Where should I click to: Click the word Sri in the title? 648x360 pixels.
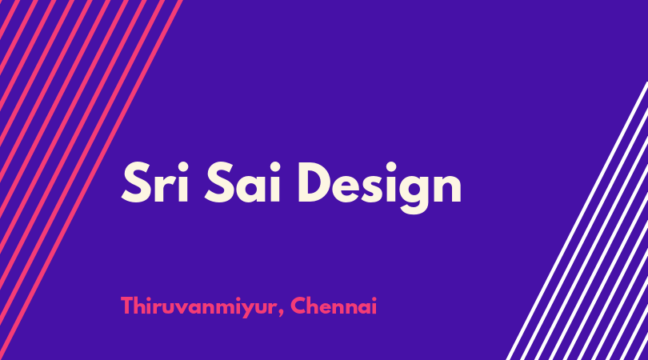point(155,182)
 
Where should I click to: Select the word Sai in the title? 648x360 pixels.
point(243,182)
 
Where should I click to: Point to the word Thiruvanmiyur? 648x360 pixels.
point(198,307)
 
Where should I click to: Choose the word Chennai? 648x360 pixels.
point(334,306)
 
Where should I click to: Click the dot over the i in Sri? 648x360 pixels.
point(182,167)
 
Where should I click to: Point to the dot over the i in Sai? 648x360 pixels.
point(275,167)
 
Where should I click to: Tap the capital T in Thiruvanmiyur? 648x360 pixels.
point(127,306)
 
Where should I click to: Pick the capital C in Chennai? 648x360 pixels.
point(298,306)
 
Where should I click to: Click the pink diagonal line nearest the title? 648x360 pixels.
point(90,180)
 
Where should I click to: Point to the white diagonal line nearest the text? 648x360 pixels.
point(577,221)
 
